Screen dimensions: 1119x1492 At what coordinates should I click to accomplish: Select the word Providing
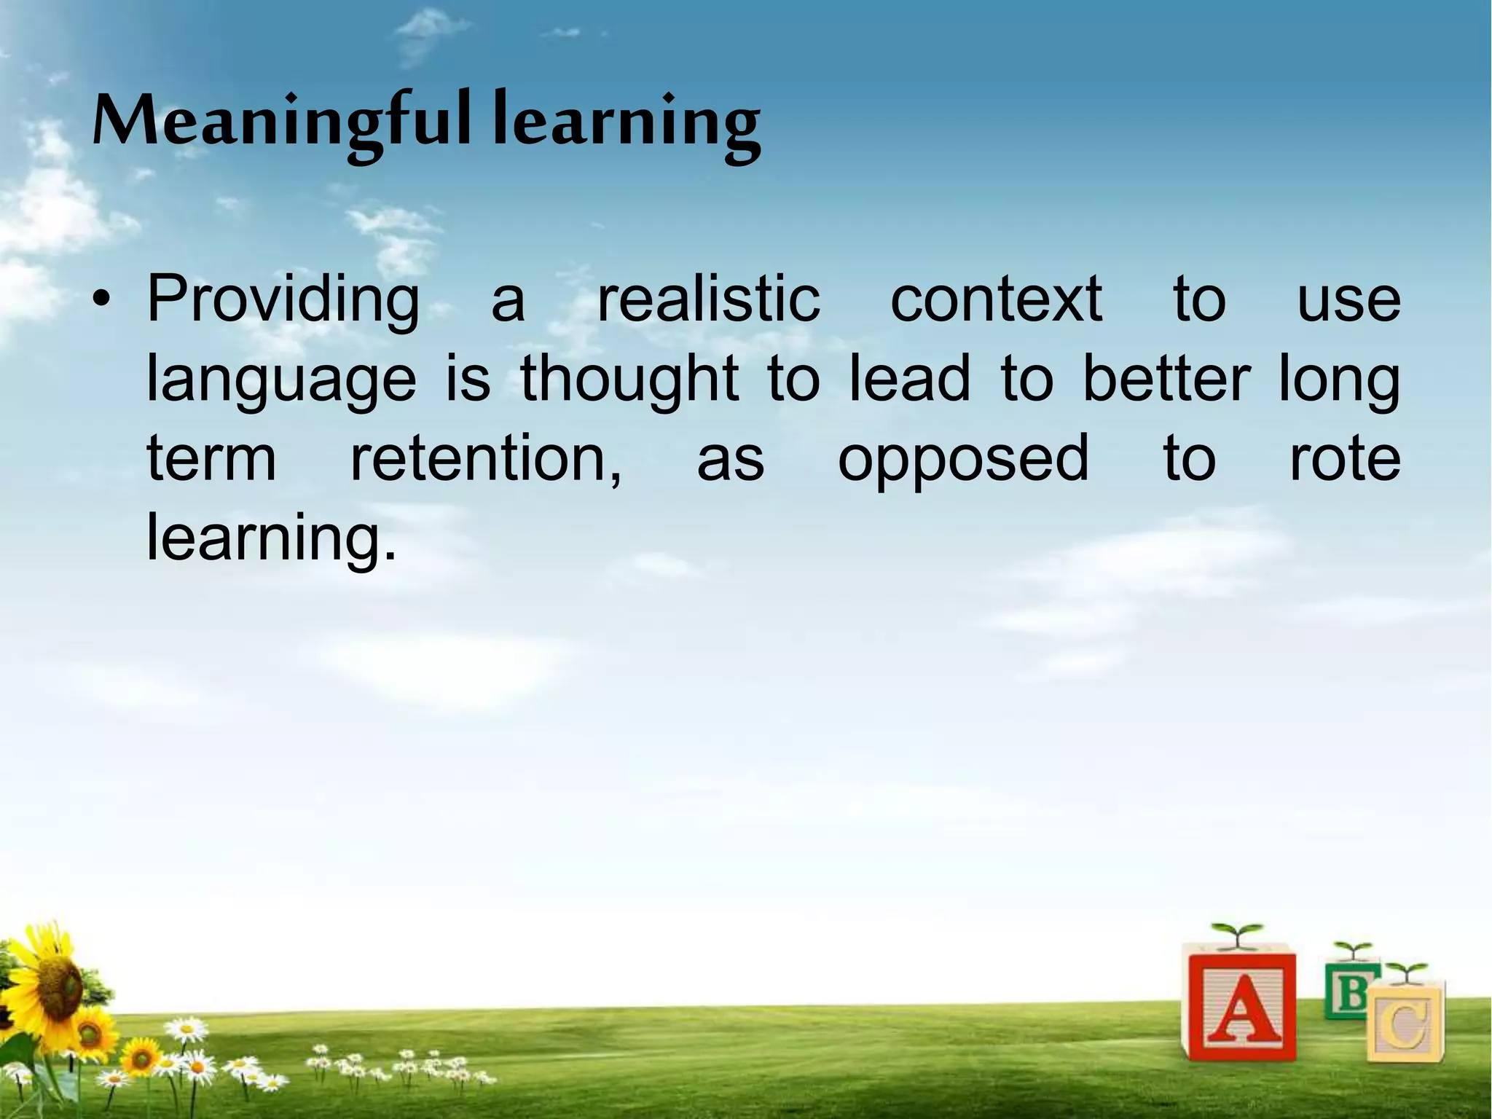tap(283, 300)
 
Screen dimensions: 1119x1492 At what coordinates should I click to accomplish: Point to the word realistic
tap(708, 300)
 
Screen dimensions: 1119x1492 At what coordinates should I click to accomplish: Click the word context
tap(996, 300)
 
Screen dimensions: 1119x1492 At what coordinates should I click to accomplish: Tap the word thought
tap(629, 379)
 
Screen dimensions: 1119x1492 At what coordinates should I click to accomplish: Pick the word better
tap(1167, 379)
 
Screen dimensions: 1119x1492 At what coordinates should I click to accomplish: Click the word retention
tap(486, 459)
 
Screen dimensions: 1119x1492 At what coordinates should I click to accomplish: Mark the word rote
tap(1345, 459)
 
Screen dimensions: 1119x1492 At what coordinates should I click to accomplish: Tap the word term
tap(211, 459)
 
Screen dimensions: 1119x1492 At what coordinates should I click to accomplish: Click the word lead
tap(911, 379)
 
